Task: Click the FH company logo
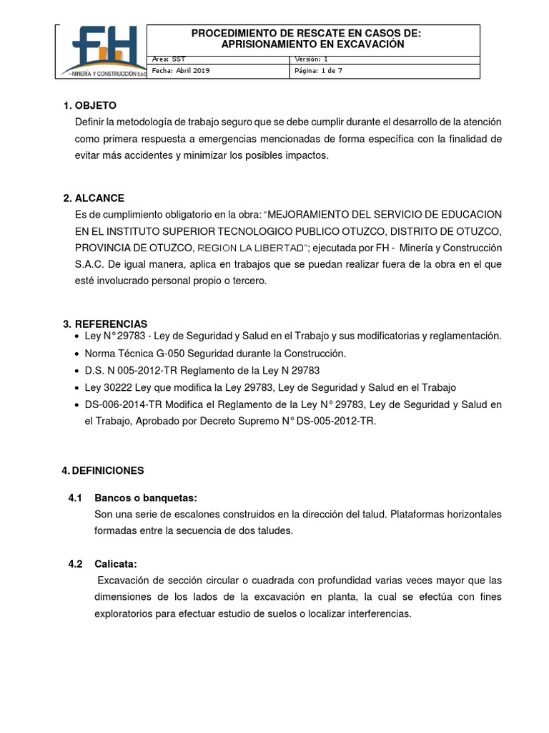click(x=101, y=52)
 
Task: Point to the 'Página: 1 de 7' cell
click(x=319, y=71)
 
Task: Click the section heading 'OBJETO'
click(x=95, y=105)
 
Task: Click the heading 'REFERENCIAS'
click(x=111, y=324)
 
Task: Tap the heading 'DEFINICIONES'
click(x=108, y=470)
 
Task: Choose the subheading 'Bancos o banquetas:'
click(x=146, y=497)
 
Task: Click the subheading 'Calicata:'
click(x=115, y=563)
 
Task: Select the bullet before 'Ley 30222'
click(x=77, y=388)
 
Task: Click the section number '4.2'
click(x=76, y=563)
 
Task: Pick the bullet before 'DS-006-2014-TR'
click(x=77, y=405)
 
